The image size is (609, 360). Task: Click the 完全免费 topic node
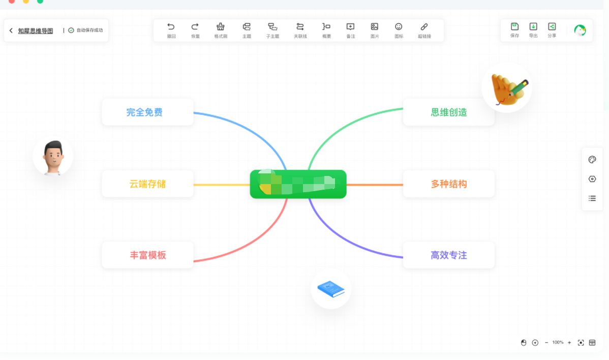point(147,112)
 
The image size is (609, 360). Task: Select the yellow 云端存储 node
point(147,184)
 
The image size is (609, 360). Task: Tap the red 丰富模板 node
point(147,255)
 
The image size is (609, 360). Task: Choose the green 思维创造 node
point(448,112)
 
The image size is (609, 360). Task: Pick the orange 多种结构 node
point(448,184)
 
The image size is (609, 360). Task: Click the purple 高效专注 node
point(448,255)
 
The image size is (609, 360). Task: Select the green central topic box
point(298,184)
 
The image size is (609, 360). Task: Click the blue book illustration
point(331,289)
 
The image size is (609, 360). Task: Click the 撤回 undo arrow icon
point(171,27)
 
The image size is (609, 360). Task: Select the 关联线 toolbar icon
point(300,27)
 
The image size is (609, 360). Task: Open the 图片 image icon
point(374,27)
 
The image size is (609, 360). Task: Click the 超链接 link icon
point(424,27)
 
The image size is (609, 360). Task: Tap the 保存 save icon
point(514,26)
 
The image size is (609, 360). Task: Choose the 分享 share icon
point(552,26)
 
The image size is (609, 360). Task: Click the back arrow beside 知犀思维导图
point(11,31)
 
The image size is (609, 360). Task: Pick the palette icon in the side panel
point(592,160)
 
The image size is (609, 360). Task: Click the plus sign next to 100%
point(569,343)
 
